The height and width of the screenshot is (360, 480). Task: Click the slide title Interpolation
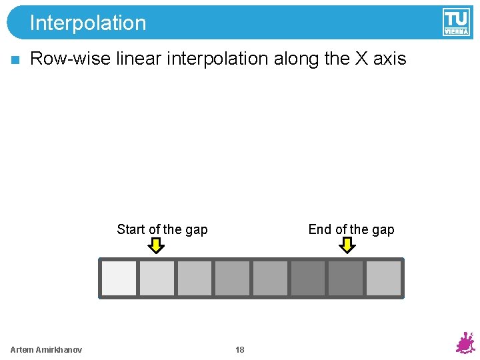point(87,23)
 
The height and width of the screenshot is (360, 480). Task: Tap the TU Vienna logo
point(455,22)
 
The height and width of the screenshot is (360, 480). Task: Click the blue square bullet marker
point(15,59)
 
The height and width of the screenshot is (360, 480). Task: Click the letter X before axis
point(361,59)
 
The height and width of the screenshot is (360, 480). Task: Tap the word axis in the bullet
point(389,59)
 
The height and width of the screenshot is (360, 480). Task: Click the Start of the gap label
point(162,229)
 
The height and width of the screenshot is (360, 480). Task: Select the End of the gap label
point(351,229)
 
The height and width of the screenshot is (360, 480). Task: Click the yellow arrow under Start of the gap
point(156,246)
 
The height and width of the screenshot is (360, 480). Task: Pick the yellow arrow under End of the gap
point(347,246)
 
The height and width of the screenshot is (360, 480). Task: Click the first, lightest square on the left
point(119,278)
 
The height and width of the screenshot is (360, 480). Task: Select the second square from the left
point(157,278)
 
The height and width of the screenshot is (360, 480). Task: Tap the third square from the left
point(194,278)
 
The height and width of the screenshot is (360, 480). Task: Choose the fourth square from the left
point(232,278)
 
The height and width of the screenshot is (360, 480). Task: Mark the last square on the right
point(383,278)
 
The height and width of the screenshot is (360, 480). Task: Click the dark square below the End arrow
point(346,278)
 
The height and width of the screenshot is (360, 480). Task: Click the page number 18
point(240,350)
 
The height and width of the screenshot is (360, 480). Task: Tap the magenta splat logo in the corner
point(464,343)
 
